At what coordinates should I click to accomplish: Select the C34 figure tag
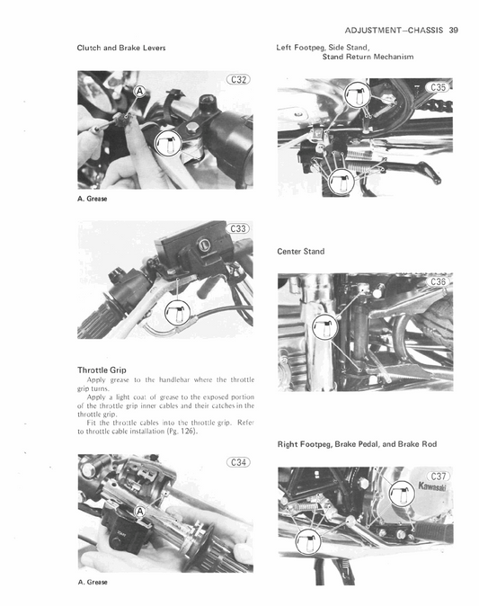238,462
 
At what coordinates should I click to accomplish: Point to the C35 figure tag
439,87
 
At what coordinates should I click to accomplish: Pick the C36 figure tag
439,282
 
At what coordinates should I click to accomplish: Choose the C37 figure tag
439,477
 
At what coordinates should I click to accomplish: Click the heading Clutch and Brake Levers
121,46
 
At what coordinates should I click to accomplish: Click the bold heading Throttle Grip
108,370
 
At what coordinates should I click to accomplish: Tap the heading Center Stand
301,252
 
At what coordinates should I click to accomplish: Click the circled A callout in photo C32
138,93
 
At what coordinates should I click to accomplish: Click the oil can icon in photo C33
179,313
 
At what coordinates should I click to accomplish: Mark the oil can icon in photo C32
169,141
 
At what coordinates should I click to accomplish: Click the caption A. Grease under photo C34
93,582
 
